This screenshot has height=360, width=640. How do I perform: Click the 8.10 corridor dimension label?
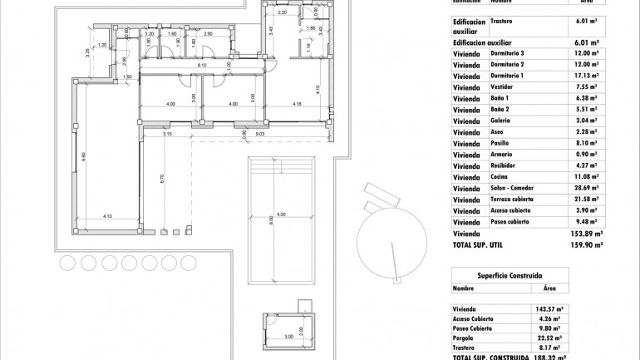tap(202, 65)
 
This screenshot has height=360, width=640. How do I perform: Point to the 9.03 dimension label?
tap(259, 134)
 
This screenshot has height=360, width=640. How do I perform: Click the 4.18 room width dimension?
tap(297, 104)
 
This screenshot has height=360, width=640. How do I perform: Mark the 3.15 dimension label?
tap(167, 134)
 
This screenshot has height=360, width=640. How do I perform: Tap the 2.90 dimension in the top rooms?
tap(208, 35)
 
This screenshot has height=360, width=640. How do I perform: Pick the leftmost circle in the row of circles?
tap(68, 263)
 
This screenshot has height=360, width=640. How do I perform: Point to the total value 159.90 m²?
tap(588, 245)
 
